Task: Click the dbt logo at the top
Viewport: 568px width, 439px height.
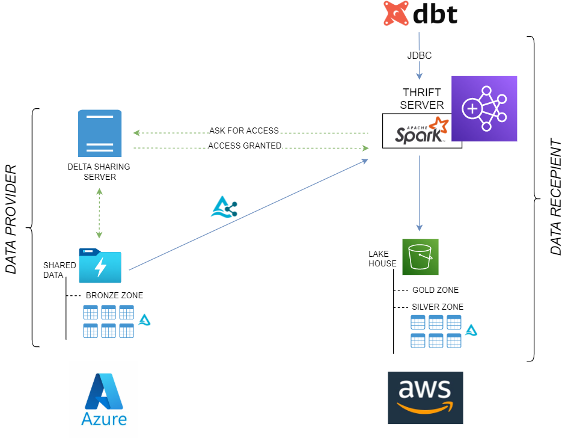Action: pos(420,13)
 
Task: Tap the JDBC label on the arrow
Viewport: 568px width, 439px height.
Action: pos(419,55)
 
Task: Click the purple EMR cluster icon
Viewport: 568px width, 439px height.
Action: pos(484,108)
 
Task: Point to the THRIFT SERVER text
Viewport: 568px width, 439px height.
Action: pos(422,99)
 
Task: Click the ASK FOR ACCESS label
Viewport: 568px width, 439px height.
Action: pos(244,130)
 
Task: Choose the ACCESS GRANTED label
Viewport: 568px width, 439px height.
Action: pos(245,146)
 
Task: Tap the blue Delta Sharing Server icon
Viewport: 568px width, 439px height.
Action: pos(100,134)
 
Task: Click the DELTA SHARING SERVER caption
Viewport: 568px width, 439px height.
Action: pos(99,172)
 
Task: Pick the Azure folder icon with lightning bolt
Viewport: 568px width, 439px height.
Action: pos(100,266)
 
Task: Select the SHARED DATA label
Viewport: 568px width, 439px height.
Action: pos(60,270)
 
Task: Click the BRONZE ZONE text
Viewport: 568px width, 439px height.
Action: pos(114,295)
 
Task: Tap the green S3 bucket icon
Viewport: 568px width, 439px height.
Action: pos(420,257)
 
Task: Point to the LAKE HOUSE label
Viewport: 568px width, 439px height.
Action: pos(382,259)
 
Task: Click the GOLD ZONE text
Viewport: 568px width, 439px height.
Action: pos(435,290)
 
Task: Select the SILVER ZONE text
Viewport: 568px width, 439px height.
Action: pos(438,307)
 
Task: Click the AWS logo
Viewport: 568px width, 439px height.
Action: pos(426,398)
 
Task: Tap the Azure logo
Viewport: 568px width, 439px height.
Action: pos(104,399)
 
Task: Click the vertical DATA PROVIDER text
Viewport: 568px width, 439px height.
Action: pos(11,219)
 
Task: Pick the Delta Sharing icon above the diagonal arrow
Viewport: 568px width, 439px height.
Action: pos(224,207)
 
